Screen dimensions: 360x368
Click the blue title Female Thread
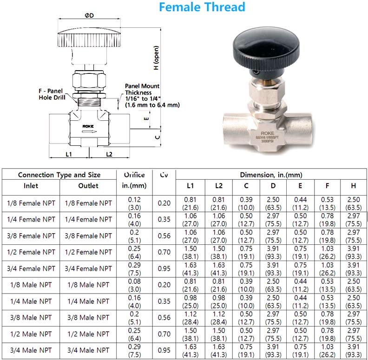[202, 7]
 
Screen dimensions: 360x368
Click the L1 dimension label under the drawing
[68, 154]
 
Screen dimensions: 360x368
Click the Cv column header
[164, 175]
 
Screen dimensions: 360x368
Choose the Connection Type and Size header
[59, 175]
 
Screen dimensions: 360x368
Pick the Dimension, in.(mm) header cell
[271, 175]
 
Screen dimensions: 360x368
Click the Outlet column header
[88, 186]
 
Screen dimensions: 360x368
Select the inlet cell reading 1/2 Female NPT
[31, 252]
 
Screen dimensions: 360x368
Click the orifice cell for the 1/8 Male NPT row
[134, 285]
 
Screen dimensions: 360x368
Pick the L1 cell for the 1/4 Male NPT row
[190, 301]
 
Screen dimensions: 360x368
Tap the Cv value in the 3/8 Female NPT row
[164, 236]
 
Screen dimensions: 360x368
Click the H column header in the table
[353, 186]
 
